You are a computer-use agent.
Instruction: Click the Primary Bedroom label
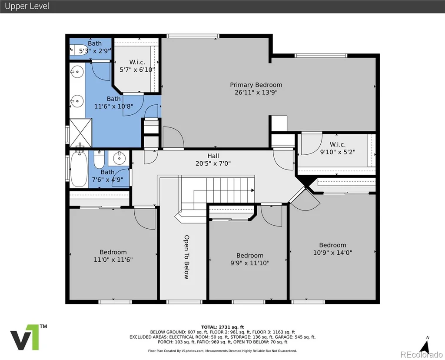256,85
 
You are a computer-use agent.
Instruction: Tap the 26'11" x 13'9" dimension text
256,92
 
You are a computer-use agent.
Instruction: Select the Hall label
213,156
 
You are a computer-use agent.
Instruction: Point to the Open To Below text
186,257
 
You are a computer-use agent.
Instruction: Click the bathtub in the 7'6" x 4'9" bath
79,169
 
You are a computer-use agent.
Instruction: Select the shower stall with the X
80,133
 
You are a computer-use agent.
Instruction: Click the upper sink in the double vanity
77,72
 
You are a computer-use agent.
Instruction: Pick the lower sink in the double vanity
77,101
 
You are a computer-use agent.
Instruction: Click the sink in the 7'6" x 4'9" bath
119,158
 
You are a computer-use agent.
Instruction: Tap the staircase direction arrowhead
252,190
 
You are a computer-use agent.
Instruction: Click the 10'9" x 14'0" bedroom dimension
332,253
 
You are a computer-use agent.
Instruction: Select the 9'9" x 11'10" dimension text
250,263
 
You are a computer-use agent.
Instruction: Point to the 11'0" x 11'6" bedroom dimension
113,260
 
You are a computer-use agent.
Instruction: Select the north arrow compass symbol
425,345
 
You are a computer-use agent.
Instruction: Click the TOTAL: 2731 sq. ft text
222,327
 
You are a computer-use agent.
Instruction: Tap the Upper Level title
27,6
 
